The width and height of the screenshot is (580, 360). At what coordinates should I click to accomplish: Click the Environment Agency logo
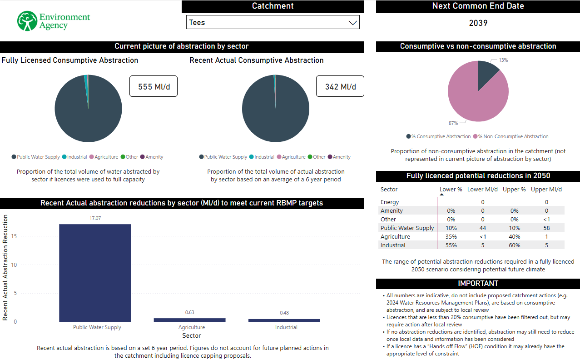click(x=54, y=21)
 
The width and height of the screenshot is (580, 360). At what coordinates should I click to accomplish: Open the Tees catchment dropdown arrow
click(x=352, y=23)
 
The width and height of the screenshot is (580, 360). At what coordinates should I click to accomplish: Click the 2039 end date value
click(x=478, y=23)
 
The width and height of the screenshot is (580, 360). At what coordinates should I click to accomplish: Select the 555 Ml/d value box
click(x=154, y=86)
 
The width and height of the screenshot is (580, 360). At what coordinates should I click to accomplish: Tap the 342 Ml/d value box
click(x=340, y=86)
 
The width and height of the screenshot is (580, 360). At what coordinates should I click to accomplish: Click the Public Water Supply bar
click(x=95, y=273)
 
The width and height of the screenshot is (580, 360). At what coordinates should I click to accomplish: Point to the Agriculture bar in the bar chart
click(x=189, y=320)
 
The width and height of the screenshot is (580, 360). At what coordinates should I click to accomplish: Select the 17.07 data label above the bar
click(x=95, y=218)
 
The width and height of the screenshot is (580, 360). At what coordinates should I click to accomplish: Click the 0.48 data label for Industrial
click(x=284, y=313)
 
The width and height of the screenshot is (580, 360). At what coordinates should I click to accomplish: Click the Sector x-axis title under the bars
click(x=192, y=335)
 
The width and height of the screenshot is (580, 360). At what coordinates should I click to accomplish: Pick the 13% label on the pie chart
click(x=503, y=60)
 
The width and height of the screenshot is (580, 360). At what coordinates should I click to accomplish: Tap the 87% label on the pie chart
click(x=453, y=123)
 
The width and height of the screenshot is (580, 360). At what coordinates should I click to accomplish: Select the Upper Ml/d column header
click(x=546, y=190)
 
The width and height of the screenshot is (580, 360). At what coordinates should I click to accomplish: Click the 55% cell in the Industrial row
click(x=451, y=245)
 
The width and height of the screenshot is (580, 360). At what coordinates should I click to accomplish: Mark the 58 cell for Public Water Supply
click(x=546, y=228)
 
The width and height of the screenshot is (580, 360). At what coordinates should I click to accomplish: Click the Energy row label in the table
click(x=390, y=202)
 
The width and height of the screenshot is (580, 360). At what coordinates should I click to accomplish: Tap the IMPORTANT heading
click(x=478, y=283)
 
